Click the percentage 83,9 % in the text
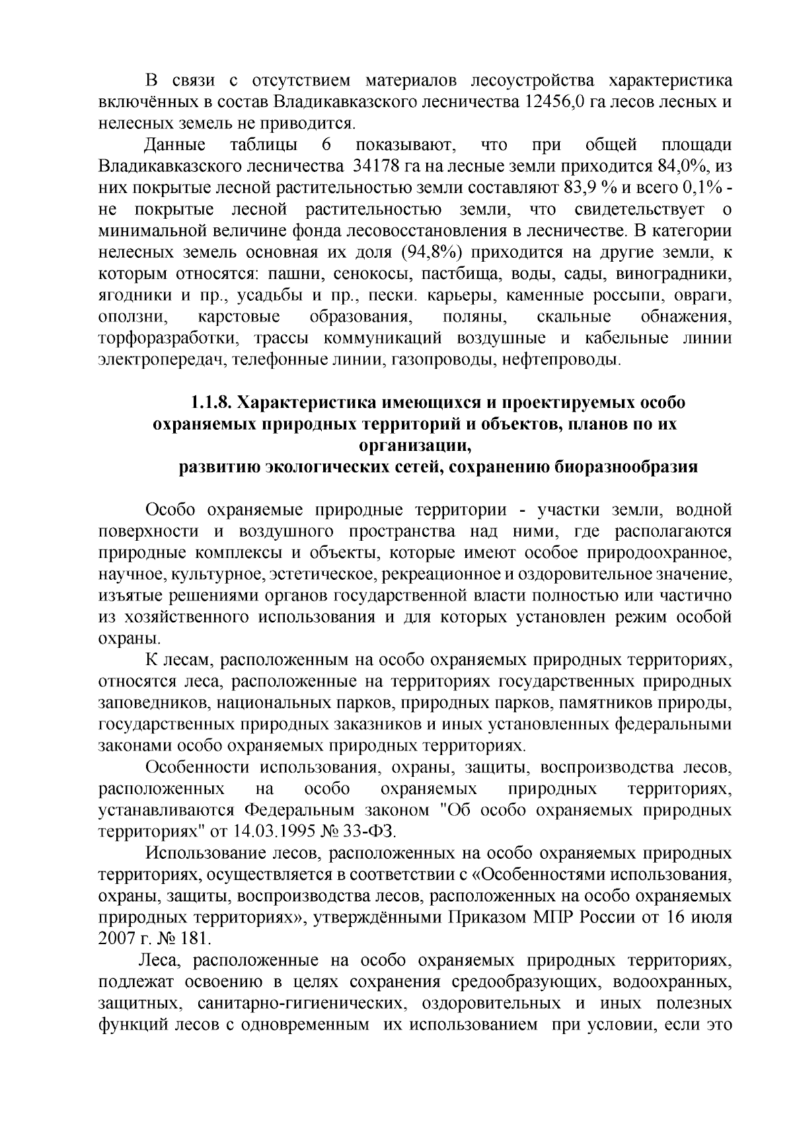point(589,186)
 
